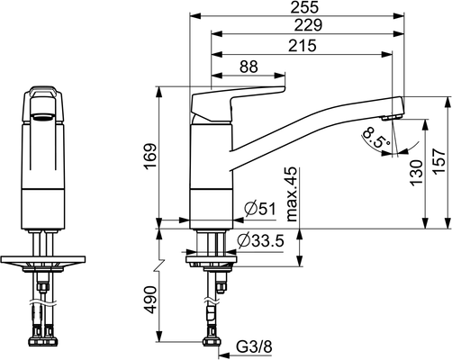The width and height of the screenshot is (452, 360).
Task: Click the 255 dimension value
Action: tap(304, 7)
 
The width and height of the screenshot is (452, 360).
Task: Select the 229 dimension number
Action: tap(308, 25)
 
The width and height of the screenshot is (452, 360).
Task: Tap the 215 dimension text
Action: tap(303, 46)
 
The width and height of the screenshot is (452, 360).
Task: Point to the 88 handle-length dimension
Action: tap(249, 67)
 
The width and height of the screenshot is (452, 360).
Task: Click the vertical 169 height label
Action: tap(151, 157)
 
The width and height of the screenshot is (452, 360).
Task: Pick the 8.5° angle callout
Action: tap(376, 138)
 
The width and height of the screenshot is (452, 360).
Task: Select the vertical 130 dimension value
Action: tap(417, 173)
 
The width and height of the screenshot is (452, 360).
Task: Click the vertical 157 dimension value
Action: tap(438, 161)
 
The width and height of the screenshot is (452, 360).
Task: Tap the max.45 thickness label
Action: tap(292, 194)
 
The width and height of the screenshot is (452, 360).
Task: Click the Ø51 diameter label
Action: tap(259, 209)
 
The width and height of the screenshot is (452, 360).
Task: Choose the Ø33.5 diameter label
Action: tap(260, 240)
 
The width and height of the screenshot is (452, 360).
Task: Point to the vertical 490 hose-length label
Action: tap(151, 300)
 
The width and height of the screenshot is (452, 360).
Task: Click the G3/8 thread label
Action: tap(254, 347)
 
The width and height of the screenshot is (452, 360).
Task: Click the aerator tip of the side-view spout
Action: tap(392, 117)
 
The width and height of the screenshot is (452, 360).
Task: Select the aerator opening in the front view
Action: tap(43, 117)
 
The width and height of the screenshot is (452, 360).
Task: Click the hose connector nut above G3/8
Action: tap(212, 341)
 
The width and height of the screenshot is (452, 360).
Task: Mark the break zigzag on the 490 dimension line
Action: tap(159, 265)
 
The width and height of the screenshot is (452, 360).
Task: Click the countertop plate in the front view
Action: tap(43, 259)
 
